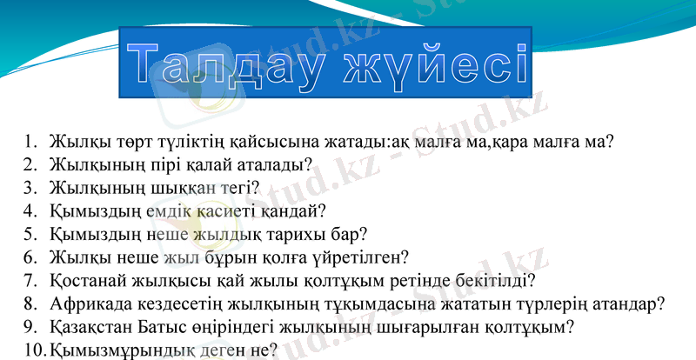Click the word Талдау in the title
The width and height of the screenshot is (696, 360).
coord(221,66)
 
